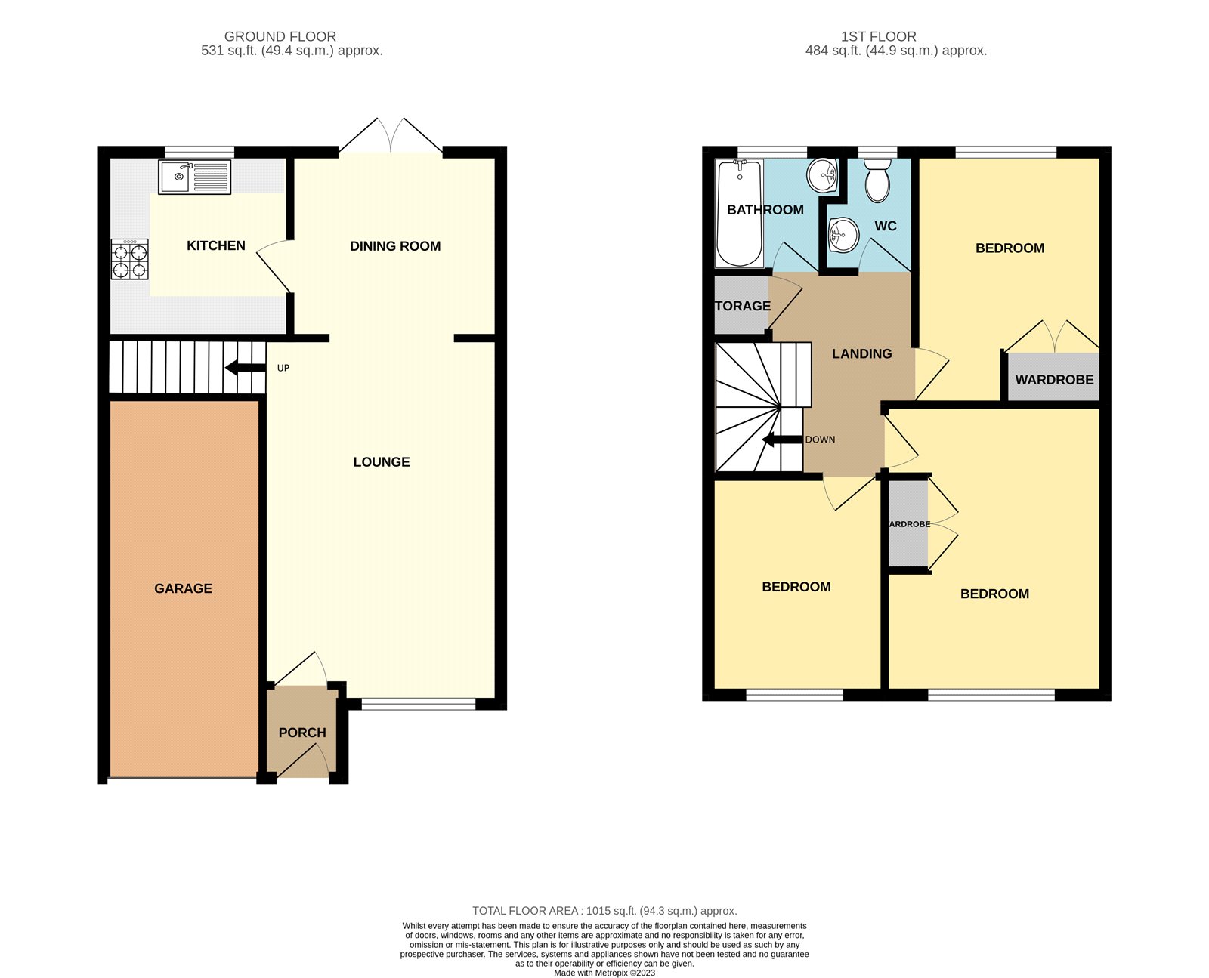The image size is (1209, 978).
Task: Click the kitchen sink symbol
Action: point(195,177)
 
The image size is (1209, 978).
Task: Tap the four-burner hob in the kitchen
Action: point(129,260)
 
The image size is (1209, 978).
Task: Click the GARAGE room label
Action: point(183,588)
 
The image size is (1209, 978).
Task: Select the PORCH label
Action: point(302,733)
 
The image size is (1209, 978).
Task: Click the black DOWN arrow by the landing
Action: point(781,440)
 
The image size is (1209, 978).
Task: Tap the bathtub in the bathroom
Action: point(740,213)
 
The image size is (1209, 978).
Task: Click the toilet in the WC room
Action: point(877,180)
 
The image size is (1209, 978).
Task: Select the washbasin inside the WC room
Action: point(843,235)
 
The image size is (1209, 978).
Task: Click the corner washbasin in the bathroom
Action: point(823,176)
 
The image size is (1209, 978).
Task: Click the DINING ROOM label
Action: point(395,246)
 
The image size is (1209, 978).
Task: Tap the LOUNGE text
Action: point(382,462)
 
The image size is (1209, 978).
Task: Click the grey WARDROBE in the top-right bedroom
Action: point(1053,378)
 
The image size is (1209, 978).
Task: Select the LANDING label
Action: point(861,353)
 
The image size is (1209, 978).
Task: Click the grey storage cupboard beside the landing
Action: point(741,305)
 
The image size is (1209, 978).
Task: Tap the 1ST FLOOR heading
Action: point(878,36)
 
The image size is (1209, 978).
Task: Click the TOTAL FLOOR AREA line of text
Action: point(604,911)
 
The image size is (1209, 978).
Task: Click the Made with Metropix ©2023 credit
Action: point(604,973)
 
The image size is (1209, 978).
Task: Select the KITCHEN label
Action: point(216,245)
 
